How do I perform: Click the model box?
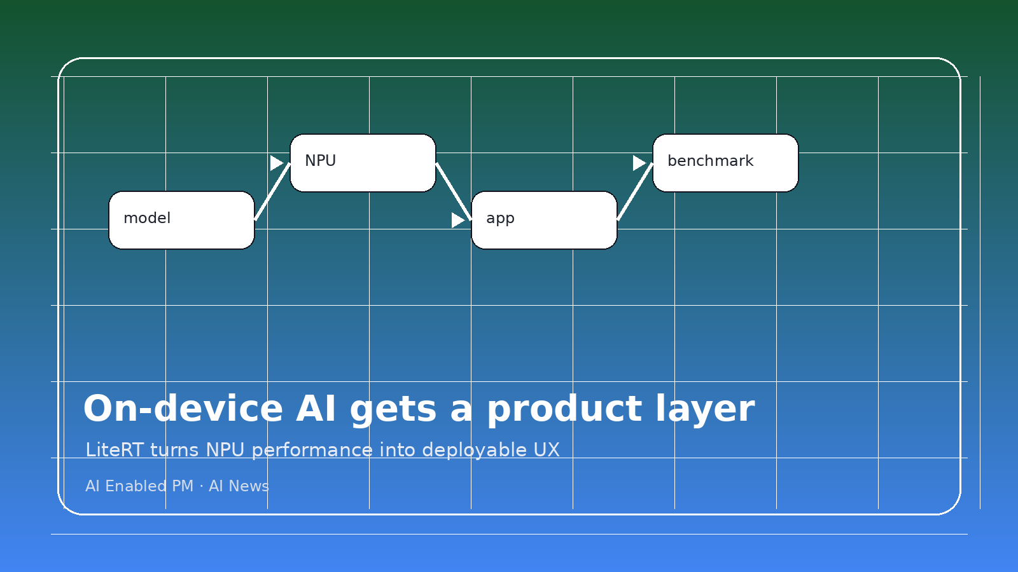click(x=181, y=220)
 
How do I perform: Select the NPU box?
click(x=363, y=163)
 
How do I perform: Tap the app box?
click(x=544, y=220)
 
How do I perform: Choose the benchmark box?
click(x=725, y=163)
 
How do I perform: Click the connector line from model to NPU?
click(x=272, y=191)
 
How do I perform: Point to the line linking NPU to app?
click(x=454, y=191)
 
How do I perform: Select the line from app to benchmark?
click(x=635, y=191)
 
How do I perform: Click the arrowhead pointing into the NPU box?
click(x=276, y=163)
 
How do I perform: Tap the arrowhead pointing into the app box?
click(x=457, y=220)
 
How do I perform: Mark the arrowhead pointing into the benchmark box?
click(x=639, y=163)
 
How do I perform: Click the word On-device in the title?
click(x=183, y=409)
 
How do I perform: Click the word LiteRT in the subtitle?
click(x=115, y=450)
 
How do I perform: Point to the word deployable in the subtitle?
click(x=474, y=450)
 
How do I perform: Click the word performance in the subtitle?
click(x=312, y=450)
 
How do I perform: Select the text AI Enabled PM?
click(x=139, y=486)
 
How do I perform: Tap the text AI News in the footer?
click(x=239, y=486)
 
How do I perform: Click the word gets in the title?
click(x=393, y=409)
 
